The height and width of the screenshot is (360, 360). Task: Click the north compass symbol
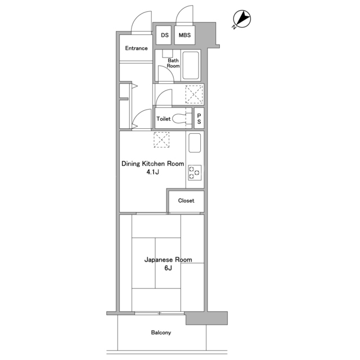[241, 19]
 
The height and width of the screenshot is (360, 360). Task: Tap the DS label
[165, 35]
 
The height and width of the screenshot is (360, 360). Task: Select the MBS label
[184, 35]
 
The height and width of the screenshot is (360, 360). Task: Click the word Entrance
[136, 48]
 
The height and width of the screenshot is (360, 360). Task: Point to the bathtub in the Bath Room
[190, 65]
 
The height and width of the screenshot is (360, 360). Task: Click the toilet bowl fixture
[182, 119]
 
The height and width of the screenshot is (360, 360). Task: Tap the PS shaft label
[199, 119]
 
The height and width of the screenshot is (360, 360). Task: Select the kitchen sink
[195, 143]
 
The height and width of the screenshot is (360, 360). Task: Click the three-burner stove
[195, 173]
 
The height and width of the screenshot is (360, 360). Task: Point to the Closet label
[186, 201]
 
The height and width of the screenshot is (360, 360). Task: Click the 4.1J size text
[152, 172]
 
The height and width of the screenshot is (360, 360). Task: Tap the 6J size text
[168, 268]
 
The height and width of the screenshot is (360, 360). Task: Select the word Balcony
[161, 332]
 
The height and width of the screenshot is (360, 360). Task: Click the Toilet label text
[164, 119]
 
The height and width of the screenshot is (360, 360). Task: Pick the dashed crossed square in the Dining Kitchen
[161, 139]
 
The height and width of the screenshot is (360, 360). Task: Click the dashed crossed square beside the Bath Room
[194, 94]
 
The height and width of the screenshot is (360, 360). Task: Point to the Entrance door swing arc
[138, 18]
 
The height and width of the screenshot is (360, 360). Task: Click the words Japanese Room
[168, 260]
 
